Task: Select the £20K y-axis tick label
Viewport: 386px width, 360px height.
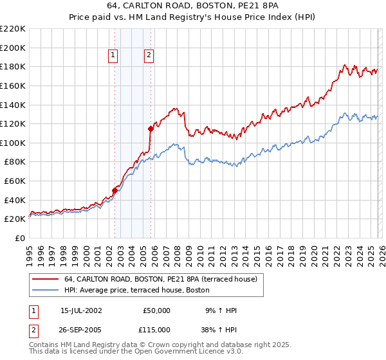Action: (15, 219)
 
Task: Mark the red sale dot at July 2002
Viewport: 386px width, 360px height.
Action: (115, 190)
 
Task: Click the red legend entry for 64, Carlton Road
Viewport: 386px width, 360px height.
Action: (161, 279)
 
